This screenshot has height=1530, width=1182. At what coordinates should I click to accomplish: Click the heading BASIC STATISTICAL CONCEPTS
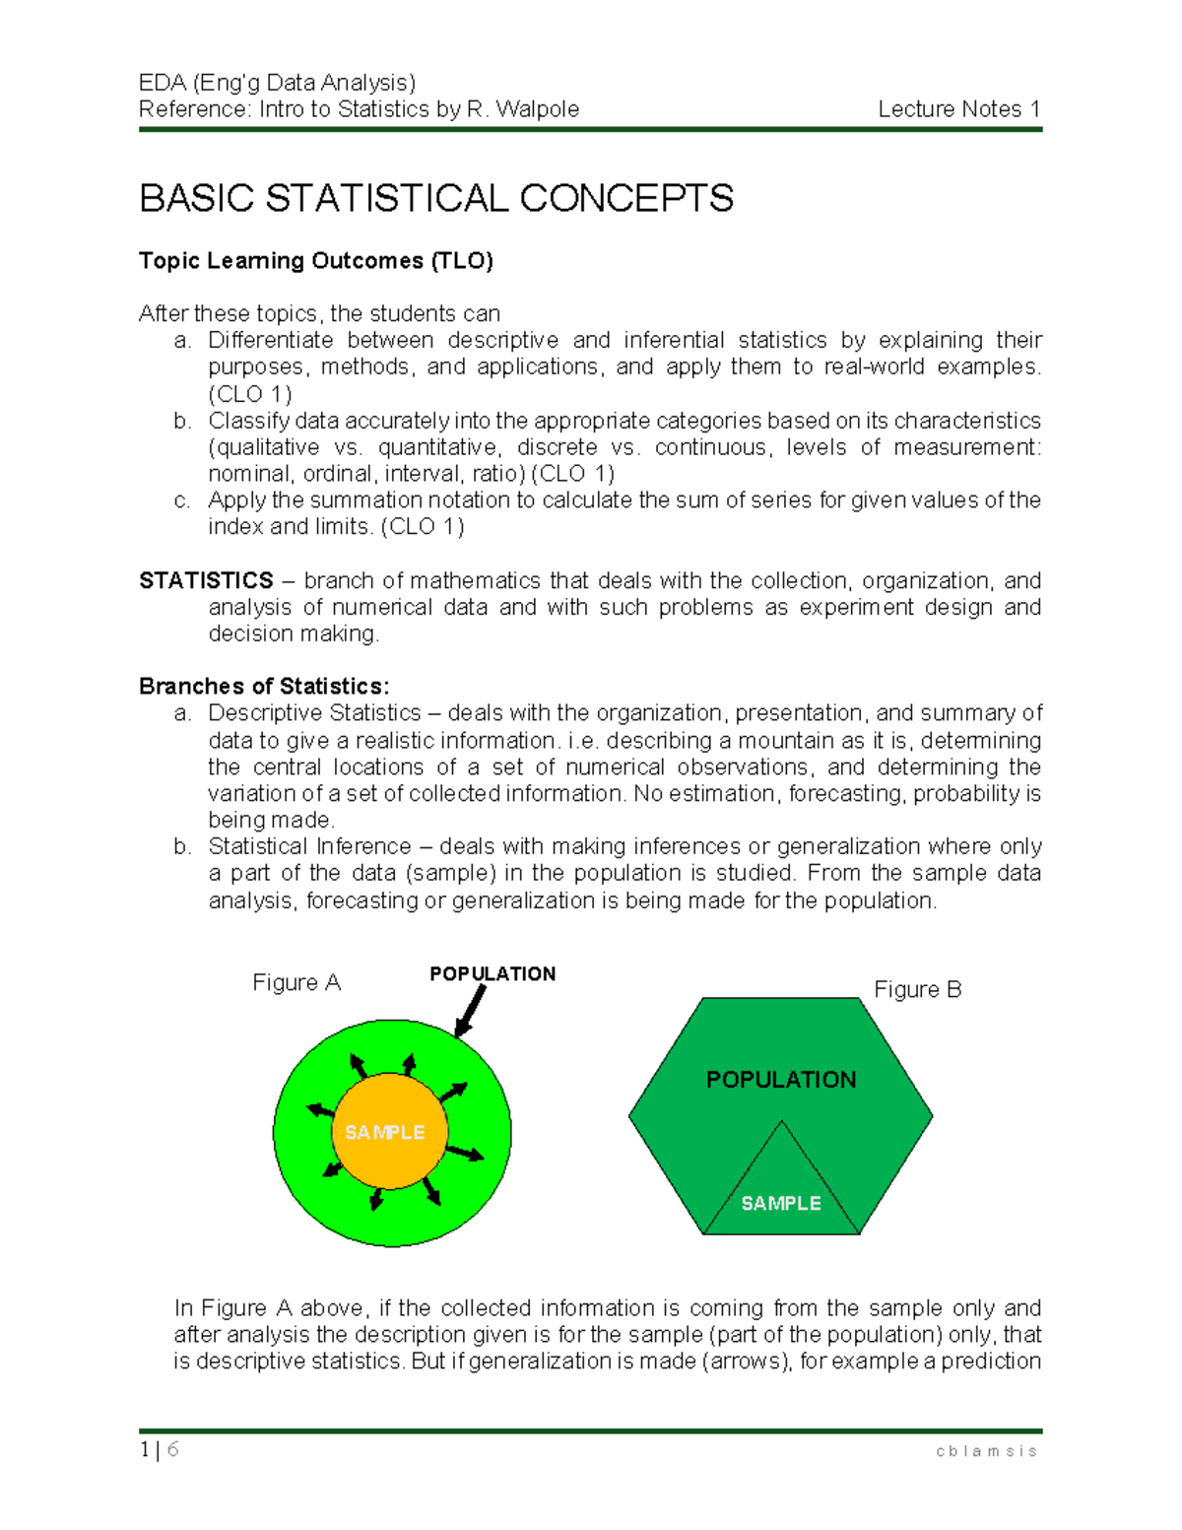(436, 199)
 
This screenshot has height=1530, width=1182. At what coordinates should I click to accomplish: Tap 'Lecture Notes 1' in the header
(958, 109)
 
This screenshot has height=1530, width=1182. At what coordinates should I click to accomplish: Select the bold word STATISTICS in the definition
(206, 580)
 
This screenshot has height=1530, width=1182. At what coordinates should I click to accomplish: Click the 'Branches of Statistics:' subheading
(264, 686)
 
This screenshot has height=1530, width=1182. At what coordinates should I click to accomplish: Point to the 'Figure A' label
(296, 982)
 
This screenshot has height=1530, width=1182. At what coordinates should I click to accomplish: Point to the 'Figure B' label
(917, 989)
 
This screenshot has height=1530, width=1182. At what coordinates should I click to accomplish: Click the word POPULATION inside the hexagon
(781, 1080)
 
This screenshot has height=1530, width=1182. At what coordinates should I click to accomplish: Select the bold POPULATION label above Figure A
(492, 973)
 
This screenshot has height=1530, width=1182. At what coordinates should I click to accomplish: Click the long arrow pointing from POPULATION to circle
(472, 1010)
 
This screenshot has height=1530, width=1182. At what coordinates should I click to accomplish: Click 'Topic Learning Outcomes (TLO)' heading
(315, 261)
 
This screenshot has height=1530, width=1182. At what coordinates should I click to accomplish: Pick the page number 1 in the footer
(145, 1449)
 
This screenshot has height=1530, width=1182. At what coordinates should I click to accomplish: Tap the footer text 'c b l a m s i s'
(986, 1451)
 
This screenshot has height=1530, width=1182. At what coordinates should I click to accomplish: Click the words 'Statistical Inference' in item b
(309, 846)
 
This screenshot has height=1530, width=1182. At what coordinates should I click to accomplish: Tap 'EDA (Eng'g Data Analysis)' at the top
(277, 83)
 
